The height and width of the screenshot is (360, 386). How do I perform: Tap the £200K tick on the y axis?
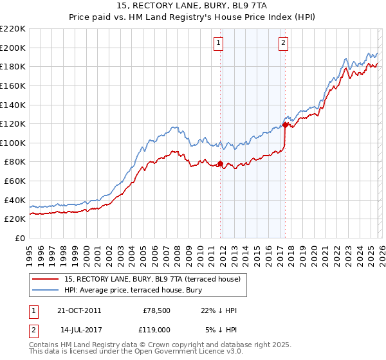pos(13,48)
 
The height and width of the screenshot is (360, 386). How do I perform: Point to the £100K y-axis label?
pos(13,143)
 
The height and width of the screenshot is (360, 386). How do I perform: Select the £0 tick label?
pos(20,238)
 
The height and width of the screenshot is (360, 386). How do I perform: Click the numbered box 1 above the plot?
pos(219,43)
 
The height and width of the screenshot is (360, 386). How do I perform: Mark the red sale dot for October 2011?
pos(220,163)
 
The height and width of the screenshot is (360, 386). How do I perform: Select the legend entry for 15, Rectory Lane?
pos(152,279)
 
